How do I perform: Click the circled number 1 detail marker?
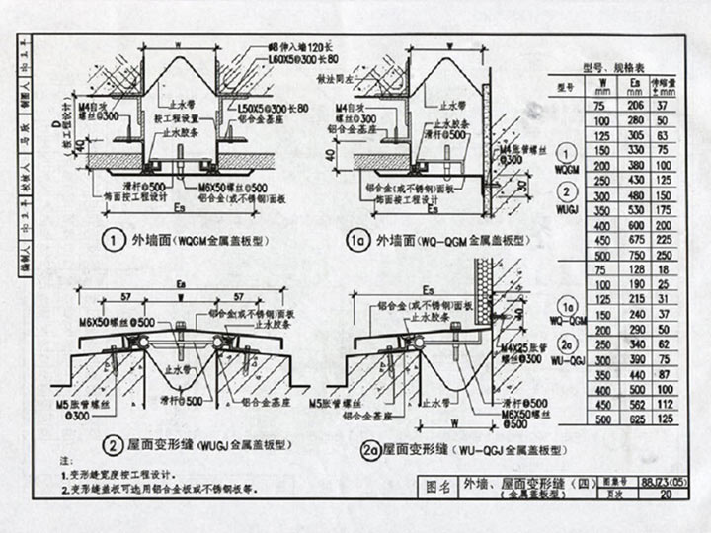tap(116, 239)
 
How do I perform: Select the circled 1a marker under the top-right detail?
tap(355, 239)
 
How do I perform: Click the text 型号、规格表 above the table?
tap(616, 66)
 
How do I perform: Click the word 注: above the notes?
tap(66, 461)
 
